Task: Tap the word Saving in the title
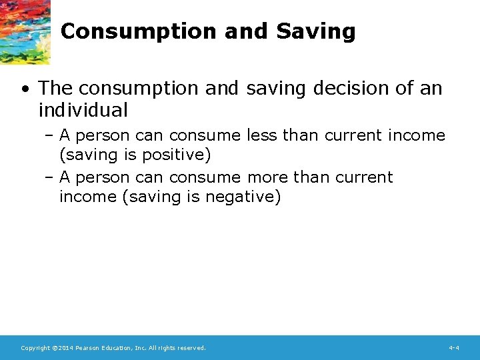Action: pyautogui.click(x=315, y=31)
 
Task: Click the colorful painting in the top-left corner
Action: pyautogui.click(x=25, y=30)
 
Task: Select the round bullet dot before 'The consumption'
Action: pyautogui.click(x=24, y=89)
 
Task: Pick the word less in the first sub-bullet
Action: pyautogui.click(x=262, y=135)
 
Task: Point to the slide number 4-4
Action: pyautogui.click(x=454, y=348)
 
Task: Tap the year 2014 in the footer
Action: pyautogui.click(x=65, y=348)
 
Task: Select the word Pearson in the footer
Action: pyautogui.click(x=89, y=348)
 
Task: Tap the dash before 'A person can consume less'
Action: pyautogui.click(x=50, y=135)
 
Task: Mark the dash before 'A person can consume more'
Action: pyautogui.click(x=50, y=177)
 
